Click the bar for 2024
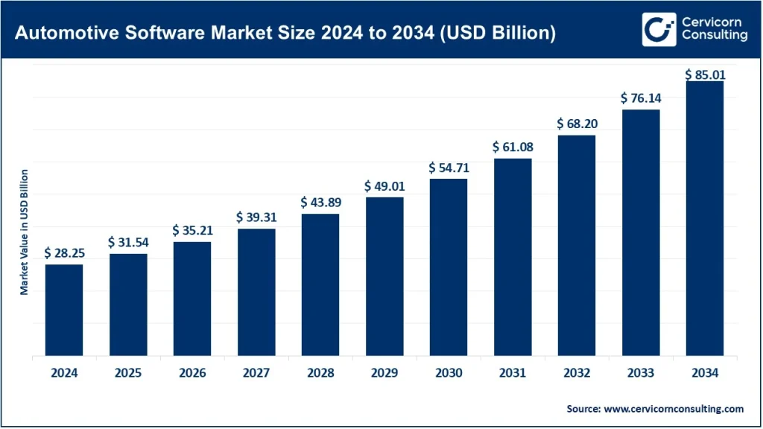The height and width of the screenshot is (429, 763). (x=64, y=310)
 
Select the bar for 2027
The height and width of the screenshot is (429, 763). (x=256, y=292)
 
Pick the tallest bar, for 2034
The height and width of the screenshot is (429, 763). (x=705, y=218)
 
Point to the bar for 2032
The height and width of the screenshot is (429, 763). (x=577, y=245)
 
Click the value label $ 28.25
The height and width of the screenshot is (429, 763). (x=64, y=253)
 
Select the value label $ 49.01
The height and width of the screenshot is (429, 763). (x=384, y=185)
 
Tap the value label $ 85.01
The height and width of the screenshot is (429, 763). (x=705, y=74)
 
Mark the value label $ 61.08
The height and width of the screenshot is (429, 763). (x=513, y=147)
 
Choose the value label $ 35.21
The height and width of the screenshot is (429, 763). (x=192, y=230)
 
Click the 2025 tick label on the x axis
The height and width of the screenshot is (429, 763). (x=128, y=373)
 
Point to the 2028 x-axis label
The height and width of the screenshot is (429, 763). (x=320, y=373)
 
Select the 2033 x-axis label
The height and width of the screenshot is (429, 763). (x=641, y=373)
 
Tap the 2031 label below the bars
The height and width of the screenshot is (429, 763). (x=513, y=373)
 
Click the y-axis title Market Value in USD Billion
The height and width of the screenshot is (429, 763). (x=25, y=232)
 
